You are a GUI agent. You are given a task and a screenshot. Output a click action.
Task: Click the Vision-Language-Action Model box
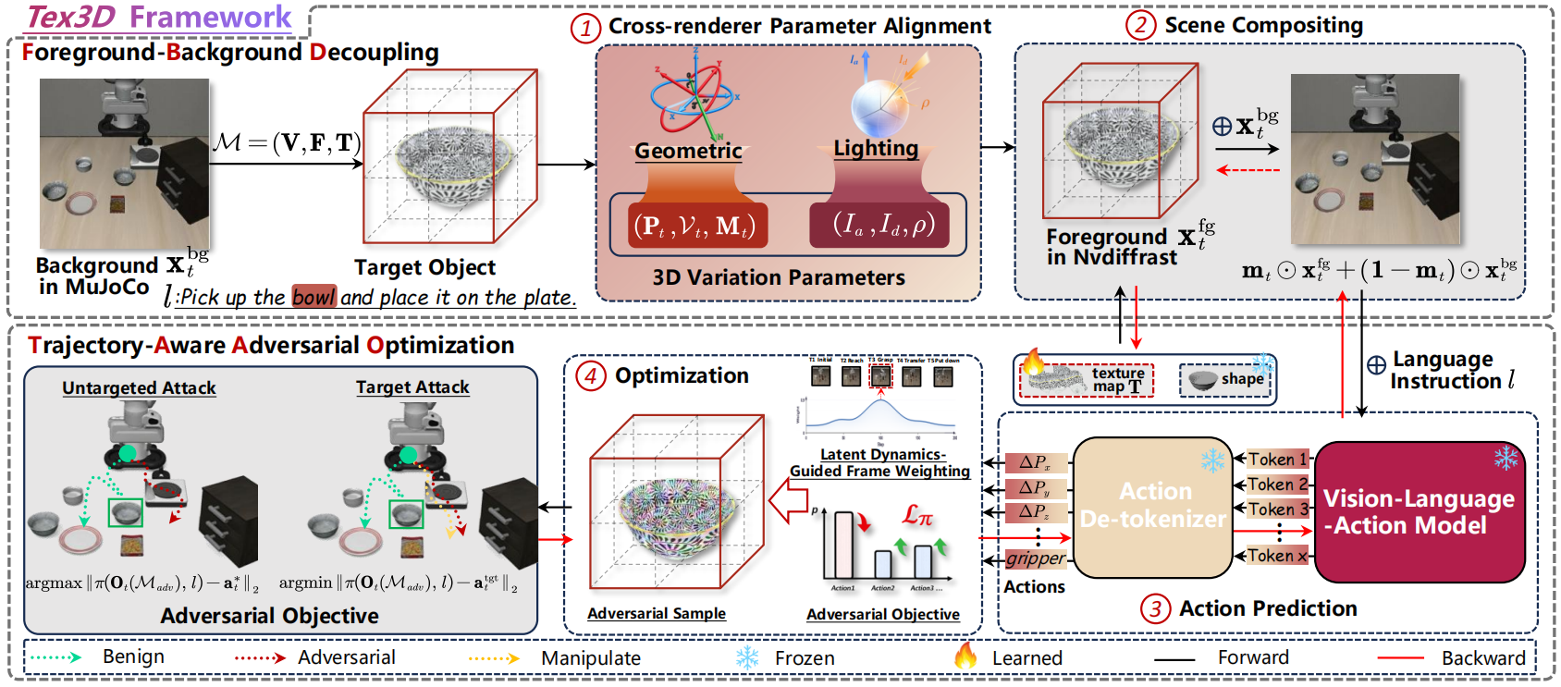tap(1419, 511)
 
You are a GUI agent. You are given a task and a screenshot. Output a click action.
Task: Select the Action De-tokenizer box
tap(1153, 506)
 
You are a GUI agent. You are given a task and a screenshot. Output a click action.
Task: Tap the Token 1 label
tap(1277, 460)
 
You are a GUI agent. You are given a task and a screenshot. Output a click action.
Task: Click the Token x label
tap(1277, 556)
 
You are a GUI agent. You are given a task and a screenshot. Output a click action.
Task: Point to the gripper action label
tap(1036, 558)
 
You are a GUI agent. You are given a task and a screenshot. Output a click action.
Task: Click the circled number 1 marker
tap(584, 29)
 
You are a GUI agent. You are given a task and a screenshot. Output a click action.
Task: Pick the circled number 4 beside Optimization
tap(590, 376)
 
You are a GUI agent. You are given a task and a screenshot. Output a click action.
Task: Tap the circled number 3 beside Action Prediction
tap(1154, 609)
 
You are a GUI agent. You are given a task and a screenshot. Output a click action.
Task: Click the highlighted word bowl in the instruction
tap(313, 297)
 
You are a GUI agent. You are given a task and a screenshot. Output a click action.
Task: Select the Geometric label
tap(688, 151)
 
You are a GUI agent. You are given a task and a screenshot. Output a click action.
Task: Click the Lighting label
tap(876, 148)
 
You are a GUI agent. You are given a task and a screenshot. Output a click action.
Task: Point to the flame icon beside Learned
tap(965, 656)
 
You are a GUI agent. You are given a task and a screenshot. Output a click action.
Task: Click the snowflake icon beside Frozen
tap(747, 657)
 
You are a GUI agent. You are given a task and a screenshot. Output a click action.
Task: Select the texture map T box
tap(1087, 379)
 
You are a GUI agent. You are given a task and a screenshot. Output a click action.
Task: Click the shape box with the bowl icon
tap(1225, 379)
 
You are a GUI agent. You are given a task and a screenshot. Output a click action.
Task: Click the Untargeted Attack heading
tap(139, 388)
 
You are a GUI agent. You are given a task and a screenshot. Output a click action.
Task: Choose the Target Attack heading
tap(412, 387)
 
